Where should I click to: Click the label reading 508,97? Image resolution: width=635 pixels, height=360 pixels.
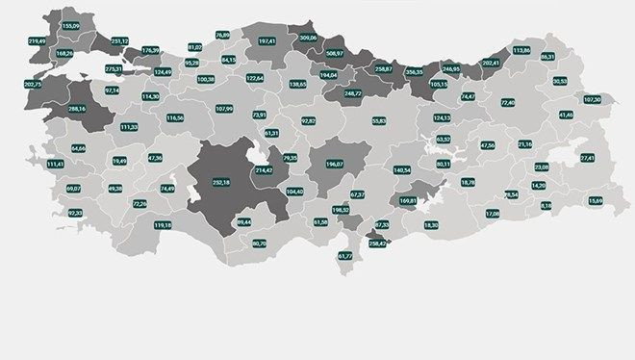(336, 53)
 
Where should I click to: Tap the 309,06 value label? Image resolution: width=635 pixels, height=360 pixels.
(309, 38)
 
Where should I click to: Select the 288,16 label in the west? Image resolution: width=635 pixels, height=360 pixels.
(77, 109)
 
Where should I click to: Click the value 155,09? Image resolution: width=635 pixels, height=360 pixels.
(70, 26)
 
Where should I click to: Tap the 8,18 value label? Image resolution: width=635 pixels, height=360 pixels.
(546, 205)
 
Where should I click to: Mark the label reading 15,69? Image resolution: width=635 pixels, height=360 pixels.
(597, 200)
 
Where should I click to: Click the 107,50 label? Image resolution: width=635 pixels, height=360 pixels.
(593, 99)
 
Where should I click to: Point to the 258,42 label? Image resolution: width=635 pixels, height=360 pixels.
(378, 244)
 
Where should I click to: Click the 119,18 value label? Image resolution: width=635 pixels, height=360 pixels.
(163, 224)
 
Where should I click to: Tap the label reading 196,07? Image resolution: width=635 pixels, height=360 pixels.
(335, 163)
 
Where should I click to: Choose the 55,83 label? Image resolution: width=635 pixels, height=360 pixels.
(378, 120)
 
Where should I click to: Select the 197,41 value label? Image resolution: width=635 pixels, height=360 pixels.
(267, 41)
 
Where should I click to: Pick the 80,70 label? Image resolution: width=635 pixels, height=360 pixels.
(259, 244)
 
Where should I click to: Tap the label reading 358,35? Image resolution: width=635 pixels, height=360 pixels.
(416, 70)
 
